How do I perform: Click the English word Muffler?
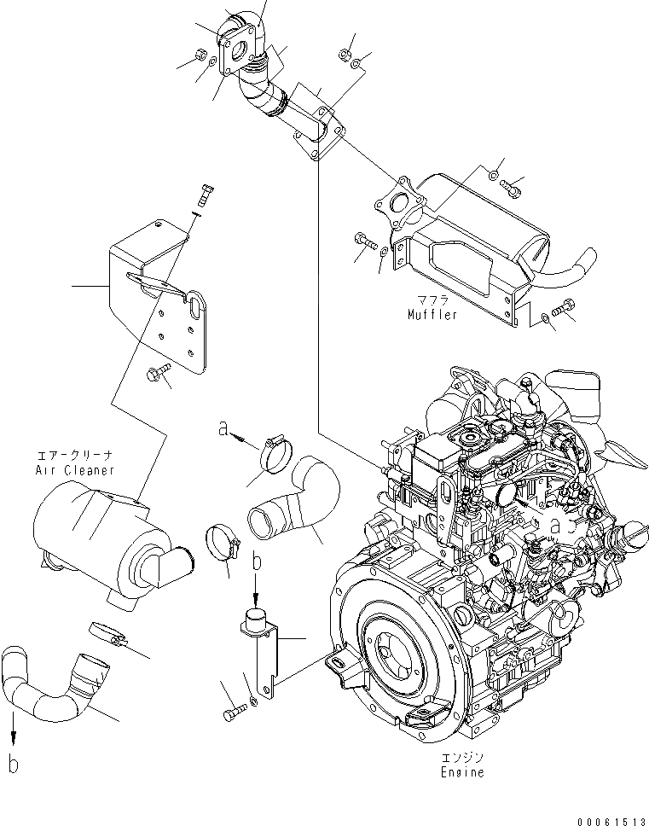(x=432, y=315)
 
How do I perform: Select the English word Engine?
(x=463, y=772)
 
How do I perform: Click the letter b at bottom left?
(x=13, y=764)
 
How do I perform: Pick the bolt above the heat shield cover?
(x=202, y=195)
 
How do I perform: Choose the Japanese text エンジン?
(x=463, y=758)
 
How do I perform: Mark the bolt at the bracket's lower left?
(x=233, y=710)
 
